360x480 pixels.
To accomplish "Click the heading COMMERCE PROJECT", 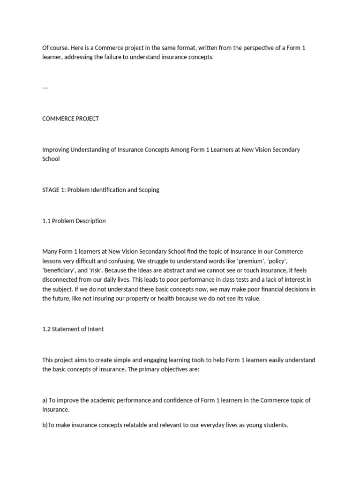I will tap(70, 119).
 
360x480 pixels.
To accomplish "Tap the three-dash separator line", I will tap(45, 88).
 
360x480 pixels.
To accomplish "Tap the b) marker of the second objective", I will tap(45, 425).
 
